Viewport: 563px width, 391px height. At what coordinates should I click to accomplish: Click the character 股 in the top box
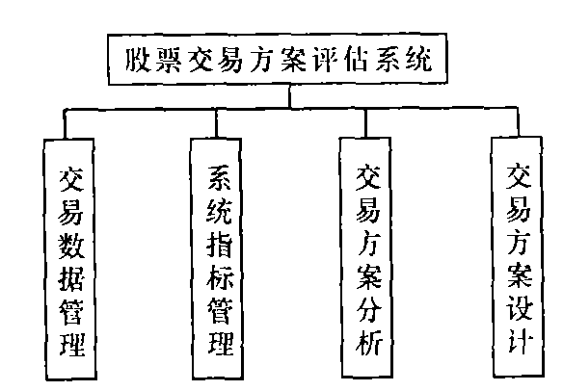[x=137, y=61]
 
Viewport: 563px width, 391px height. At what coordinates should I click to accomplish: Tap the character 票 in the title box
[x=168, y=61]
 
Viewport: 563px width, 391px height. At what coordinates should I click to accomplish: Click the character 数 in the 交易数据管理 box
[x=70, y=247]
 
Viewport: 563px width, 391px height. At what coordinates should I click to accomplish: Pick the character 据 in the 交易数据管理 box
[x=71, y=279]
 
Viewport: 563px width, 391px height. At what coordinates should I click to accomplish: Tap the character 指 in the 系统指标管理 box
[x=220, y=245]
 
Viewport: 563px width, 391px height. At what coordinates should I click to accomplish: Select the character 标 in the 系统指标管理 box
[x=220, y=277]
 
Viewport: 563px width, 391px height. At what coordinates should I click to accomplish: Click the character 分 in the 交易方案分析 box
[x=368, y=309]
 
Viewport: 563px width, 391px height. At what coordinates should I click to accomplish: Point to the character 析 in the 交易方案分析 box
[x=369, y=342]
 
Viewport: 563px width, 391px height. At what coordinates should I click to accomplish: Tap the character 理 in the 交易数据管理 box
[x=72, y=345]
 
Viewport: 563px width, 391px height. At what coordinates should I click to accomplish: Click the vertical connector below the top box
[x=289, y=95]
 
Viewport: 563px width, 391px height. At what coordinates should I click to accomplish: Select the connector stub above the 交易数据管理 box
[x=65, y=124]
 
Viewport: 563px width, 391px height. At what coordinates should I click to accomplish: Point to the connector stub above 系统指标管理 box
[x=216, y=123]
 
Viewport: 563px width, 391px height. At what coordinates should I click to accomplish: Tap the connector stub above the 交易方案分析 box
[x=365, y=122]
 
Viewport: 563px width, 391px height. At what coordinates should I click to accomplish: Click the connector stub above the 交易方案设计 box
[x=518, y=121]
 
